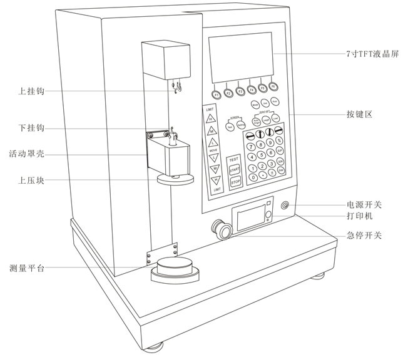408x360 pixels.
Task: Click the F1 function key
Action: point(217,94)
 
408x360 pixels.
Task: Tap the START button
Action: point(235,169)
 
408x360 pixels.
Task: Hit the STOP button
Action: point(235,182)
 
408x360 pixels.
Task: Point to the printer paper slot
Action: point(251,219)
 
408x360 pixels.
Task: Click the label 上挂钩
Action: point(31,91)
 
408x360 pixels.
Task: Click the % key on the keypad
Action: point(279,141)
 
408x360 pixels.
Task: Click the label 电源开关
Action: point(364,205)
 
